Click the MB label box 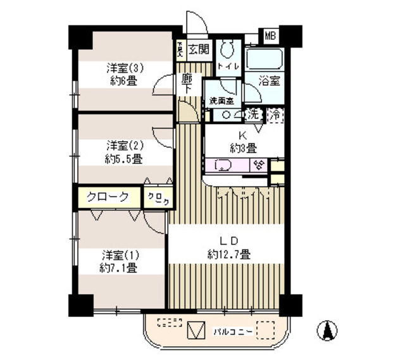point(270,35)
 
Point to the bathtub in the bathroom point(262,60)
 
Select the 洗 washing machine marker point(254,115)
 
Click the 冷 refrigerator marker point(275,116)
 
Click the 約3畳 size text point(242,148)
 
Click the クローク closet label point(108,197)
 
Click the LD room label point(228,241)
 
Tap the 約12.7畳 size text point(228,254)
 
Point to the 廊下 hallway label point(187,84)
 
